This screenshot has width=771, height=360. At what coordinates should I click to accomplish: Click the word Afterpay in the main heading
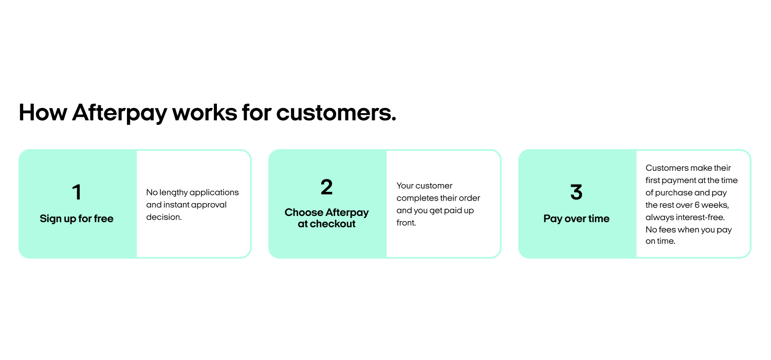pos(119,113)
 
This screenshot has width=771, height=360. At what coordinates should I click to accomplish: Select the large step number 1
pos(77,192)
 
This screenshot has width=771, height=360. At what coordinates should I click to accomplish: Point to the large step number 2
pos(326,187)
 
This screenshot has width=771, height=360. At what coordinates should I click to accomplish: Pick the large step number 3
pos(576,192)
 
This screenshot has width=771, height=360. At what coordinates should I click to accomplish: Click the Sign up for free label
pos(77,219)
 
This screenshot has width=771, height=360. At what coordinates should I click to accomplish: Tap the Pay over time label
pos(576,219)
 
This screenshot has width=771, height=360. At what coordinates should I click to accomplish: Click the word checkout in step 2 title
pos(332,224)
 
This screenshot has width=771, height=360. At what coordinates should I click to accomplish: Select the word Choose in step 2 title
pos(304,212)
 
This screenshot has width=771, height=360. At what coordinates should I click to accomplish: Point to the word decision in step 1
pos(164,217)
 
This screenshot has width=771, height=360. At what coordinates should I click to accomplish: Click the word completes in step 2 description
pos(415,199)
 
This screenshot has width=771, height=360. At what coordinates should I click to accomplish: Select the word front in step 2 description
pos(406,223)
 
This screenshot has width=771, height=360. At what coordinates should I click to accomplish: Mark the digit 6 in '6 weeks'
pos(697,205)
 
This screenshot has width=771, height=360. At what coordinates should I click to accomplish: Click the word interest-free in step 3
pos(704,218)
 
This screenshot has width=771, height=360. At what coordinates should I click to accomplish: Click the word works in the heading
pos(205,113)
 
